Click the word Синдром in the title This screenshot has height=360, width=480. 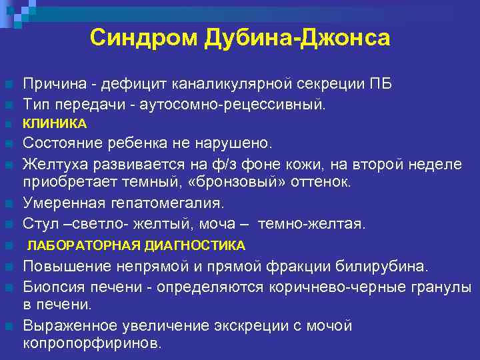[x=131, y=38]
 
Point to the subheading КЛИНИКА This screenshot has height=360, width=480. [x=55, y=123]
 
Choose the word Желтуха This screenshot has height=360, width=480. [x=57, y=162]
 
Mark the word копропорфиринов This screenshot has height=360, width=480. [x=92, y=344]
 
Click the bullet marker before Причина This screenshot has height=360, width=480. [x=8, y=85]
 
